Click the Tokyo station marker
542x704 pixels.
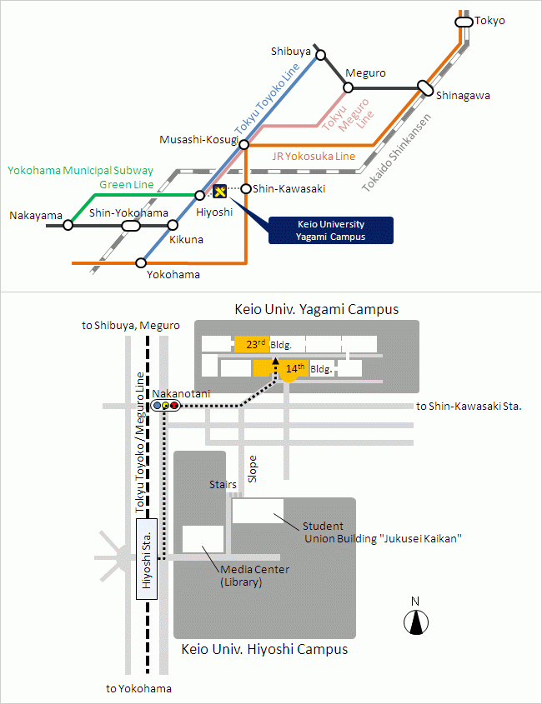(464, 22)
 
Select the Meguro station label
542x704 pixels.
(365, 72)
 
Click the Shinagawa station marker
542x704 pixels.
(425, 87)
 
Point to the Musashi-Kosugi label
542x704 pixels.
(198, 140)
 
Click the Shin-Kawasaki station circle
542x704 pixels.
(246, 188)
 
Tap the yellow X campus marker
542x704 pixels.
(220, 192)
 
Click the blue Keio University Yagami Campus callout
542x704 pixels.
(330, 231)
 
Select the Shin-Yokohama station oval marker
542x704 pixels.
(130, 225)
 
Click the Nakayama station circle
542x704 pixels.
(68, 225)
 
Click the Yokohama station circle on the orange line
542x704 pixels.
(140, 263)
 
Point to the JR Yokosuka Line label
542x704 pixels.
(314, 156)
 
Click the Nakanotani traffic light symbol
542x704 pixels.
(166, 406)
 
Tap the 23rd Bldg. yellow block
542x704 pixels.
(251, 343)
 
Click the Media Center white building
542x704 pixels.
(203, 539)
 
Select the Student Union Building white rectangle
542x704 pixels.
(258, 511)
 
